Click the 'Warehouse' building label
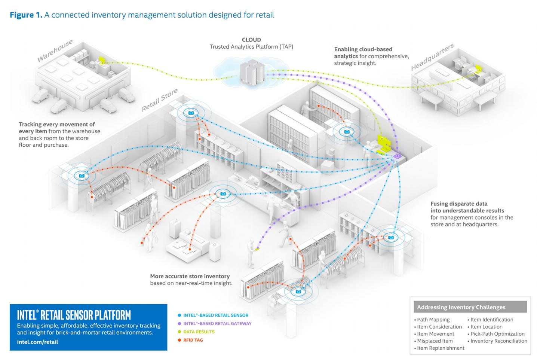(55, 51)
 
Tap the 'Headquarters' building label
(432, 57)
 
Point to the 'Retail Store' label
(159, 100)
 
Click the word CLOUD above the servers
(251, 40)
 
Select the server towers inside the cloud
(252, 72)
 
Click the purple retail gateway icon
(397, 156)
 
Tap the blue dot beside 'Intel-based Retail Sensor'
(179, 315)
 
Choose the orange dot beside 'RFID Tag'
(179, 340)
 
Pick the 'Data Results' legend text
(199, 332)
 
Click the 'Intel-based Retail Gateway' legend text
(217, 324)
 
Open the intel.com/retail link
(37, 342)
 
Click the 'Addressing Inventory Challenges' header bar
(470, 307)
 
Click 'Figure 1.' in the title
(26, 15)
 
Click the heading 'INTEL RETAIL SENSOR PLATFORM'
(74, 315)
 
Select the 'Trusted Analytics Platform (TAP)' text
(251, 47)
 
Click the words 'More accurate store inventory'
(190, 276)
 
